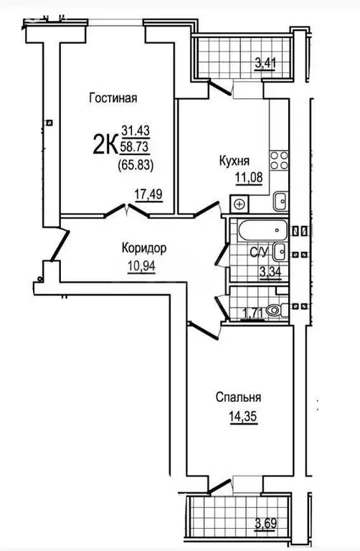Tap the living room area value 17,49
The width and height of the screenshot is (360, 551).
[149, 193]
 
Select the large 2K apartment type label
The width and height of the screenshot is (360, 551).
[105, 145]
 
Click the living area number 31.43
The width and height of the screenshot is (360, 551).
[137, 130]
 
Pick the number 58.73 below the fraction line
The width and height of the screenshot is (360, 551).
[137, 146]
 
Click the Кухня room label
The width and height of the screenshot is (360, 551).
[234, 161]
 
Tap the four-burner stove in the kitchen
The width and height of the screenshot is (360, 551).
[278, 160]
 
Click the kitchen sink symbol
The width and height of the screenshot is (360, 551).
[281, 202]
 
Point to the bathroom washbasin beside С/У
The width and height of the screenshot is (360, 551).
[283, 251]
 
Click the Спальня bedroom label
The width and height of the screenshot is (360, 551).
[238, 397]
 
